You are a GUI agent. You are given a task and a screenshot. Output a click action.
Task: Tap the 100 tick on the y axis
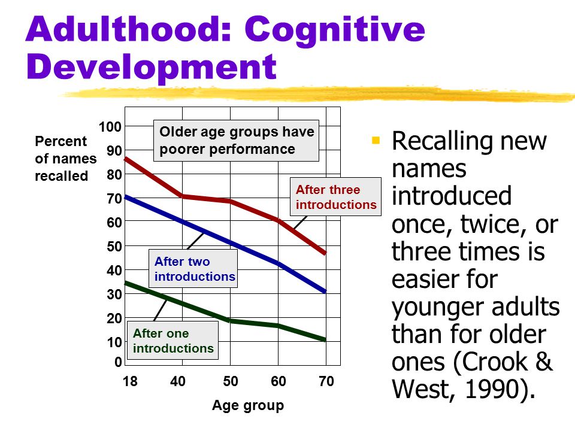tap(110, 127)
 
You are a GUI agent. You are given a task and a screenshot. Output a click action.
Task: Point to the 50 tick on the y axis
tap(114, 246)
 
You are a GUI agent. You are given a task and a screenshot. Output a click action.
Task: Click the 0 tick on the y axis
tap(118, 362)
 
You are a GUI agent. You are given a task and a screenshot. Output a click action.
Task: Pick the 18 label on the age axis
tap(130, 381)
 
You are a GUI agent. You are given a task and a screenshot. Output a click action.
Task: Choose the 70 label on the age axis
tap(326, 381)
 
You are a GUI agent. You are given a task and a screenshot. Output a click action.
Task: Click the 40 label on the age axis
tap(178, 381)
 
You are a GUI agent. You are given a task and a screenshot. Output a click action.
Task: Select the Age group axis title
tap(248, 405)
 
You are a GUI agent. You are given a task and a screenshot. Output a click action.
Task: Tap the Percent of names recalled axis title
tap(66, 158)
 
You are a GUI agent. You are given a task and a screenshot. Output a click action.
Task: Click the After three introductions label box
tap(335, 197)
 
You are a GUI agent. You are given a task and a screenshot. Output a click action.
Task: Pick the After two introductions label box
tap(193, 269)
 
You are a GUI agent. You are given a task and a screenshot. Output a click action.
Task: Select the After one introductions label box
tap(172, 340)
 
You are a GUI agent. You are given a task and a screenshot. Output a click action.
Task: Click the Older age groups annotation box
tap(236, 140)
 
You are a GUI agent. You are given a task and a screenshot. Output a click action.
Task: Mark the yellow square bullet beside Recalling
tap(376, 140)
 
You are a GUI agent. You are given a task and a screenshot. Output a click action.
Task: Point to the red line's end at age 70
tap(325, 253)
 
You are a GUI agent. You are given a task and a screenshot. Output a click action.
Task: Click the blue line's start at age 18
tap(126, 197)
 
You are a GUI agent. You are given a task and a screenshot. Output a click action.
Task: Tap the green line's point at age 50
tap(230, 321)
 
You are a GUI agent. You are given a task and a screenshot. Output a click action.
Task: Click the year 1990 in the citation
tap(491, 388)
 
